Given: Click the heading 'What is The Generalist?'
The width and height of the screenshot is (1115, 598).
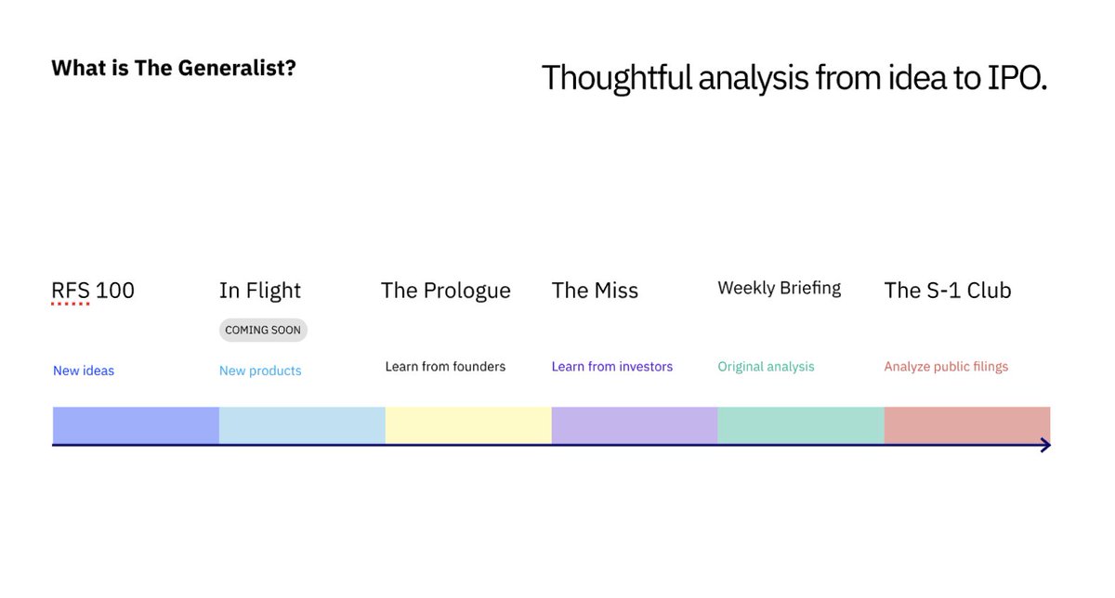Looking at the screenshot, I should click(174, 68).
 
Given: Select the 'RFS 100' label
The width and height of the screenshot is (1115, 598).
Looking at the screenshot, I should click(93, 291).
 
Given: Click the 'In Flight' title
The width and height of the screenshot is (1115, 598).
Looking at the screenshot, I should click(260, 291).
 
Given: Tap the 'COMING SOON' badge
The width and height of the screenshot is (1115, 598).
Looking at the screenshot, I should click(263, 330).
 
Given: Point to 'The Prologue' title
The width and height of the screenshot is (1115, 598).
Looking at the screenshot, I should click(446, 291).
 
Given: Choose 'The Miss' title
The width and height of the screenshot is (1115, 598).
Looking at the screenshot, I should click(595, 291).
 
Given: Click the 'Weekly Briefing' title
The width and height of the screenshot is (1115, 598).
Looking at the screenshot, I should click(780, 288).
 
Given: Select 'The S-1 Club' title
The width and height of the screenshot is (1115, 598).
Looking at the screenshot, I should click(948, 291).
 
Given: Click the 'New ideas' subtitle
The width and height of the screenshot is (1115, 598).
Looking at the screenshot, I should click(84, 370).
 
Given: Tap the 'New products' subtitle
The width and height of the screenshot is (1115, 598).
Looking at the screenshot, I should click(260, 370).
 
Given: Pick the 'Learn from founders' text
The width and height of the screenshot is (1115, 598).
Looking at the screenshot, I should click(445, 367).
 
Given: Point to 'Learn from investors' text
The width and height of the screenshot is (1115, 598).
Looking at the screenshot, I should click(612, 367).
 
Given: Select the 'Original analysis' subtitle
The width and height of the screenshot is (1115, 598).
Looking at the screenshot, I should click(766, 367).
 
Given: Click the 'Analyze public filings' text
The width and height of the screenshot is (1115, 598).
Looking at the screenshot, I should click(946, 367).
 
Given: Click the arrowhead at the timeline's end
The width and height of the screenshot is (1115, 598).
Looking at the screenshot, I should click(1045, 446).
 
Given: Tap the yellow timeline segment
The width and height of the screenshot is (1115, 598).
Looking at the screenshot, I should click(468, 424).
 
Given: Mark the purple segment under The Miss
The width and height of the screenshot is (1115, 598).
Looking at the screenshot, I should click(635, 424).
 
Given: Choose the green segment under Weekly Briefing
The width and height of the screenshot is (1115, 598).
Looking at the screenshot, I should click(801, 424).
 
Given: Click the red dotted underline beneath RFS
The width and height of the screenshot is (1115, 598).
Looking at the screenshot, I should click(71, 304).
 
